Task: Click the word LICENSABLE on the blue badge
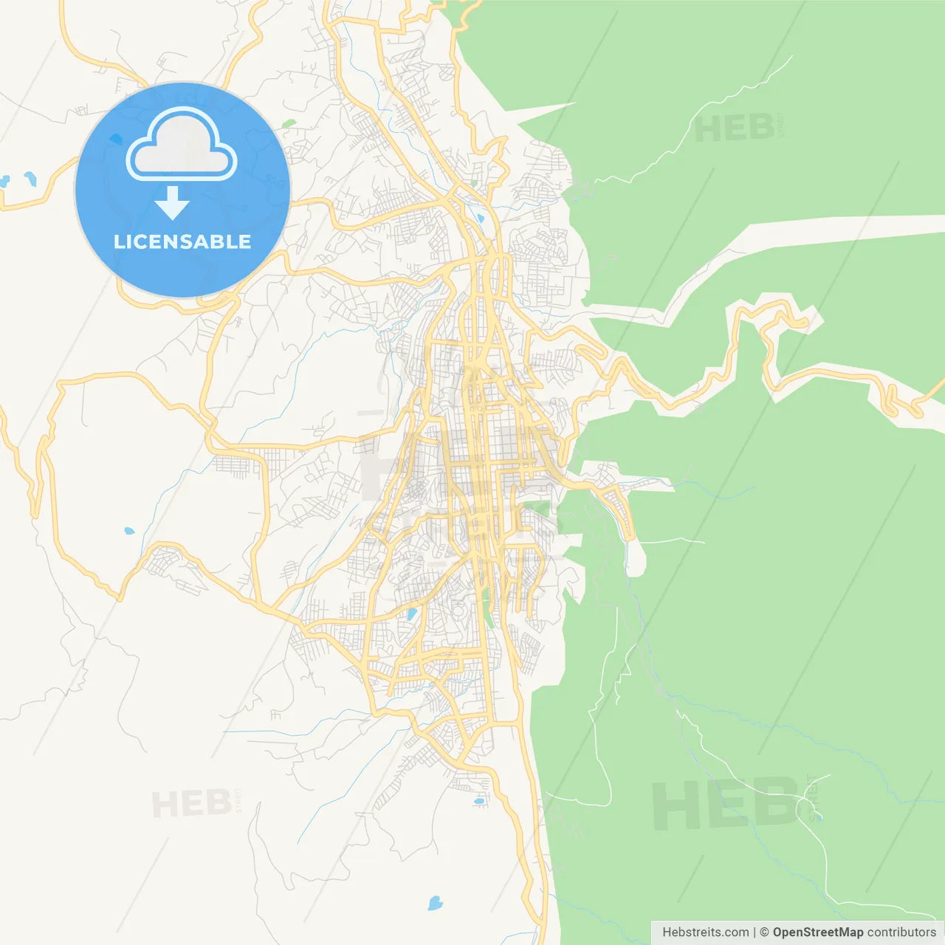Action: (x=182, y=241)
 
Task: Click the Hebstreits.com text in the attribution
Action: (x=705, y=932)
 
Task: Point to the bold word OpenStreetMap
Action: (x=818, y=932)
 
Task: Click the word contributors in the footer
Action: (x=901, y=932)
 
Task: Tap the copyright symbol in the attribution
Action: (x=765, y=932)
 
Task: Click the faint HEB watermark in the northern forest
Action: (x=735, y=129)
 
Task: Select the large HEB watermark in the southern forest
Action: (x=727, y=805)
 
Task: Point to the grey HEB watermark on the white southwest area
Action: (x=191, y=803)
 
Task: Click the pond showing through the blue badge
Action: (x=116, y=139)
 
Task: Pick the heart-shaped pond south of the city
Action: (x=435, y=902)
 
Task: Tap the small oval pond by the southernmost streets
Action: (x=479, y=800)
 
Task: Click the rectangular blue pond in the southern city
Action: (x=411, y=614)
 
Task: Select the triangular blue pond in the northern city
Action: (x=481, y=219)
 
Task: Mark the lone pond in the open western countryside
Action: (x=129, y=531)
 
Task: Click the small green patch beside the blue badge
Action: (x=289, y=123)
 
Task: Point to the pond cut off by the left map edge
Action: (x=4, y=180)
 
